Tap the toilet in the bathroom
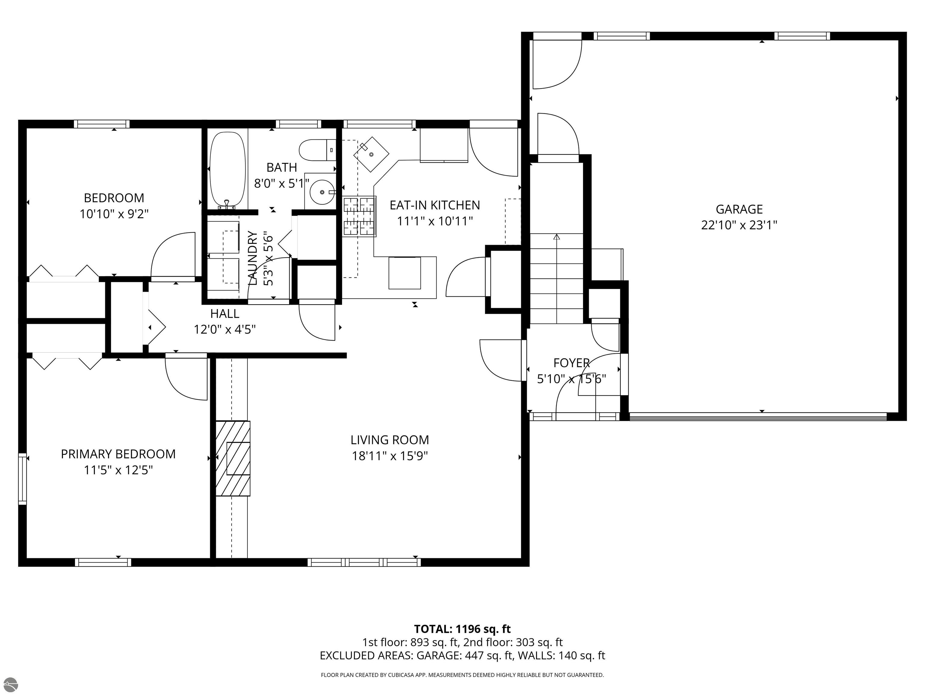click(x=317, y=150)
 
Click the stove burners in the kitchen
click(x=359, y=216)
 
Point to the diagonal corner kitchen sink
click(x=371, y=154)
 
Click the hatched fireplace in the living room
click(x=233, y=458)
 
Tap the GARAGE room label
click(x=739, y=209)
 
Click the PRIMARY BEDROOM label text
click(x=118, y=454)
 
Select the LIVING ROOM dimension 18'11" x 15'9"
click(x=390, y=455)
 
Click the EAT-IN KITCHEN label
click(x=435, y=205)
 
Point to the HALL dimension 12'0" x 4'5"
click(x=225, y=330)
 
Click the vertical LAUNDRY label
click(x=253, y=258)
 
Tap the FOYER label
click(x=572, y=363)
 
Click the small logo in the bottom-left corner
click(x=10, y=684)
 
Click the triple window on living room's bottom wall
click(x=364, y=562)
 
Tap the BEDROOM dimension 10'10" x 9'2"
click(x=114, y=214)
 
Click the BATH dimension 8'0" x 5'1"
click(x=282, y=183)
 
